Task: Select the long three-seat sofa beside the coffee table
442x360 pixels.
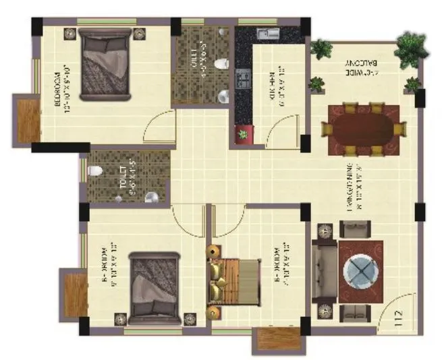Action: point(326,272)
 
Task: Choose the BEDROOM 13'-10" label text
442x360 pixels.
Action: point(63,91)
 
